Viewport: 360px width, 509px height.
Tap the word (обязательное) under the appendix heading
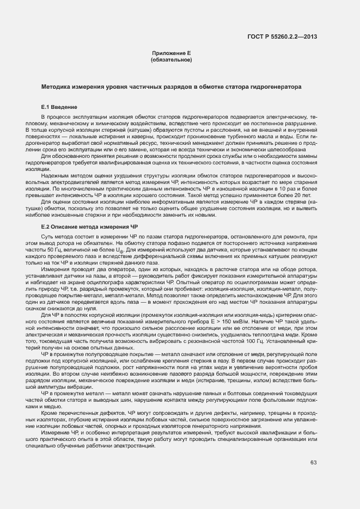click(171, 59)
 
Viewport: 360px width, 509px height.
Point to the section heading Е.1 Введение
click(60, 107)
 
